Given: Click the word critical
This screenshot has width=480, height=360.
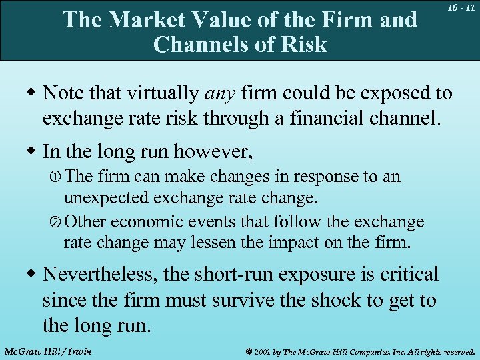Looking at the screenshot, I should pos(409,275).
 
